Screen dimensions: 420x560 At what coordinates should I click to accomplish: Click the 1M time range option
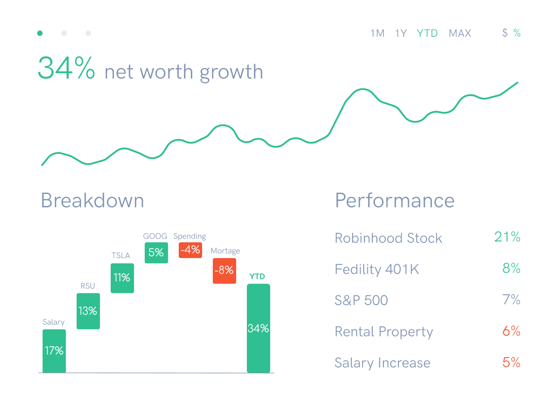(377, 33)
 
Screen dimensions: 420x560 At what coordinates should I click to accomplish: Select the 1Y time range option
(401, 33)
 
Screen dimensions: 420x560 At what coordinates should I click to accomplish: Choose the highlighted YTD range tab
(427, 33)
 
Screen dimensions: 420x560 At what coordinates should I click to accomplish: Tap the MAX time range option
(460, 33)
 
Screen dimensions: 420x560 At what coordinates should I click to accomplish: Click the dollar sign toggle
(505, 33)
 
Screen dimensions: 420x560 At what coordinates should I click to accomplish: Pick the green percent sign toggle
(517, 33)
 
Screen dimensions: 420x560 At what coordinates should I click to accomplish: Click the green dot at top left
(40, 33)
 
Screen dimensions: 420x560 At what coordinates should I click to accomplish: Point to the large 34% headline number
(66, 68)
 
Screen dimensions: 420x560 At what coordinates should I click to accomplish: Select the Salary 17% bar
(54, 351)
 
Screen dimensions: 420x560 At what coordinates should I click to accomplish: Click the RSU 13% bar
(88, 311)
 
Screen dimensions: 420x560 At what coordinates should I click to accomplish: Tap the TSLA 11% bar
(122, 278)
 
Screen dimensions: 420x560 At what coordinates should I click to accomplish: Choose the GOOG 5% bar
(156, 253)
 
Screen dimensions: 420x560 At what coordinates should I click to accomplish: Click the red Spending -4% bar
(190, 250)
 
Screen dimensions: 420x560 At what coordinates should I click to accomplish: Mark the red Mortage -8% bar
(224, 271)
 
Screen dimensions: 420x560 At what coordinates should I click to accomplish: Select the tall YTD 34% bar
(258, 328)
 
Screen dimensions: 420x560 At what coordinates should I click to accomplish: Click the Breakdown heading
(92, 200)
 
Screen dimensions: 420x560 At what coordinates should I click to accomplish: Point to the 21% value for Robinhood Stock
(507, 237)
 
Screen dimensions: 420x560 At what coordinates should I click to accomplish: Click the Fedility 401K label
(377, 269)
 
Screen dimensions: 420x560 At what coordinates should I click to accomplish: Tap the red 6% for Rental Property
(511, 331)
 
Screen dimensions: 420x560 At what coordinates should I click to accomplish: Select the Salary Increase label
(382, 363)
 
